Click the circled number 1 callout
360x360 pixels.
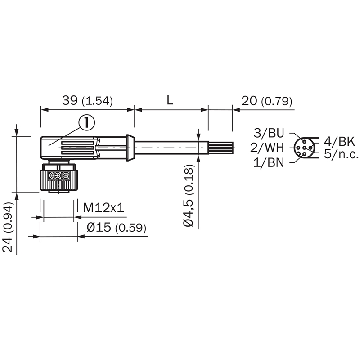click(x=86, y=123)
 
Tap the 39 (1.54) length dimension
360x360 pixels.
click(x=87, y=101)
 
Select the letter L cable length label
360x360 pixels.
click(x=170, y=100)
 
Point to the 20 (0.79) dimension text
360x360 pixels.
click(x=267, y=101)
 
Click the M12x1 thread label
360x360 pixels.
click(x=103, y=208)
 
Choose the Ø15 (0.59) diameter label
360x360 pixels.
click(x=117, y=228)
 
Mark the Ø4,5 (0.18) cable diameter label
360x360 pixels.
click(x=189, y=196)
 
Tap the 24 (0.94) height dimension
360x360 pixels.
click(x=8, y=227)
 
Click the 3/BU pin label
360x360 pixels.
click(x=269, y=133)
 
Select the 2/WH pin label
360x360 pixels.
click(x=267, y=148)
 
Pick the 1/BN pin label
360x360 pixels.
click(x=269, y=163)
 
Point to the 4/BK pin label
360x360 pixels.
click(x=339, y=141)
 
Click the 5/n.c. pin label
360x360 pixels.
click(x=341, y=154)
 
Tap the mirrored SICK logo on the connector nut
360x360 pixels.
click(x=58, y=175)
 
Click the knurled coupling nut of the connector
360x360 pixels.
click(x=58, y=180)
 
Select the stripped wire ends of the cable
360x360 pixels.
click(x=220, y=148)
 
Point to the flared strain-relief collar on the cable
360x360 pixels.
click(x=130, y=148)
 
